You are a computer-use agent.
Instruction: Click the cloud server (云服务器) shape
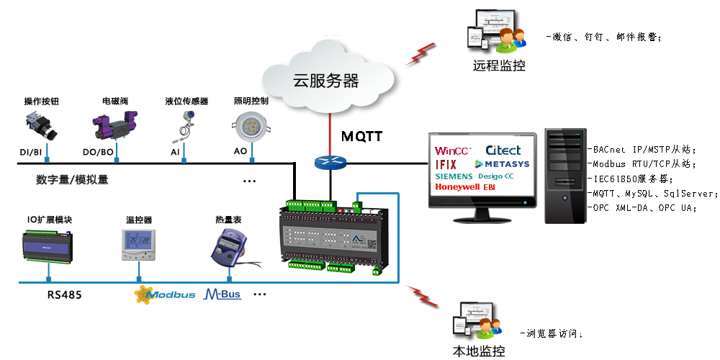[x=328, y=78]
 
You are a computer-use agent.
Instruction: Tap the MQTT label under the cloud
[x=361, y=136]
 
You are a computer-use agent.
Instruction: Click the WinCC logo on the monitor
[x=454, y=151]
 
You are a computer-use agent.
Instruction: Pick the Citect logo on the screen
[x=503, y=150]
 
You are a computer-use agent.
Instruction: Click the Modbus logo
[x=165, y=294]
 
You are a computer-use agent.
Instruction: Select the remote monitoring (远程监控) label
[x=499, y=66]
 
